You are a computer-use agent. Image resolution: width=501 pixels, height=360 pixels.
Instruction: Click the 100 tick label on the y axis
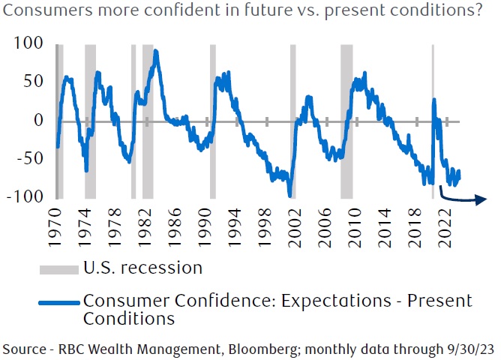pyautogui.click(x=29, y=43)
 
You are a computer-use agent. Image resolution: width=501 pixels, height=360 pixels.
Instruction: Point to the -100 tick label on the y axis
pyautogui.click(x=26, y=196)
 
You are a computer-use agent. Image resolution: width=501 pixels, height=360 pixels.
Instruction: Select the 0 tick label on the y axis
pyautogui.click(x=39, y=120)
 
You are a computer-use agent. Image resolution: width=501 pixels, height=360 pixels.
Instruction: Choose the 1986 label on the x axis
pyautogui.click(x=177, y=224)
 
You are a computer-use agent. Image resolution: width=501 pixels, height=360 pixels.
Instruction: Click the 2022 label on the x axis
pyautogui.click(x=445, y=224)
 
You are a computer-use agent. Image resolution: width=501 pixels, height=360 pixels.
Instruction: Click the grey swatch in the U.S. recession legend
pyautogui.click(x=58, y=268)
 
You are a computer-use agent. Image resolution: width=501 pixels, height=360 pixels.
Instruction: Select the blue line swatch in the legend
pyautogui.click(x=58, y=301)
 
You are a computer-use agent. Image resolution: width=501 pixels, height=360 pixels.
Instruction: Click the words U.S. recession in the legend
pyautogui.click(x=142, y=267)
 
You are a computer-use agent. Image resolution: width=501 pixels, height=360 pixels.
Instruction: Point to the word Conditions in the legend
pyautogui.click(x=128, y=319)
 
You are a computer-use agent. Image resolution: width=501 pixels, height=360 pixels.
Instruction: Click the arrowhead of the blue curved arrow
pyautogui.click(x=478, y=199)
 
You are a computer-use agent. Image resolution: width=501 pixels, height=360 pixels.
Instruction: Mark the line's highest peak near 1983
pyautogui.click(x=155, y=51)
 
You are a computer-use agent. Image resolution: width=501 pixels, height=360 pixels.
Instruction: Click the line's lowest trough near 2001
pyautogui.click(x=289, y=196)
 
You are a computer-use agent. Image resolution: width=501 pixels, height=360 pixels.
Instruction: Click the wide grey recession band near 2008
pyautogui.click(x=346, y=120)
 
